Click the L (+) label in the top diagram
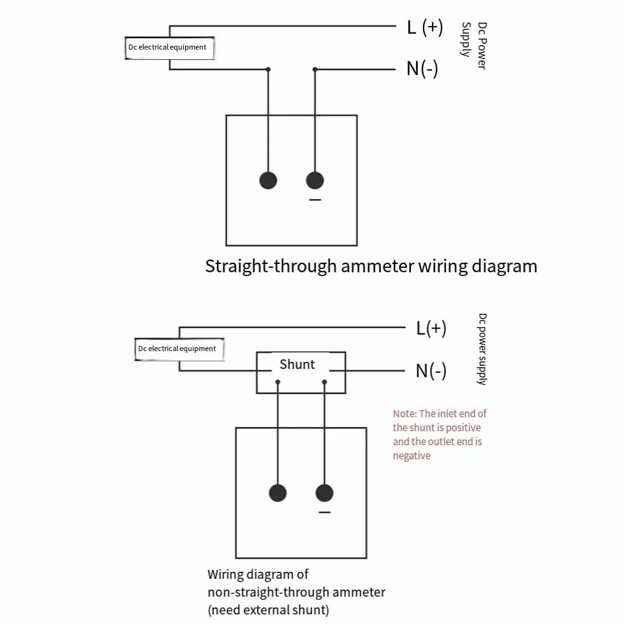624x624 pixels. [425, 28]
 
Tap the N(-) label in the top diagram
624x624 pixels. [422, 69]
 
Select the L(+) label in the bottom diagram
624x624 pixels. [431, 329]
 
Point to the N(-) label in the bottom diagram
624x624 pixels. [431, 371]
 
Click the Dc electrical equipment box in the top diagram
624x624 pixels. [170, 48]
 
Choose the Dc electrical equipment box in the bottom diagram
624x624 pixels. [179, 349]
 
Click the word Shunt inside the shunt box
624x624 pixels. [297, 364]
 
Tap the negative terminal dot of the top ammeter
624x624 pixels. [315, 180]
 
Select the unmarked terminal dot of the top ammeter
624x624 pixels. [268, 180]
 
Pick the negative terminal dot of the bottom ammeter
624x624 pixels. [324, 493]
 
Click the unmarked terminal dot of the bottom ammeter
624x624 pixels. [277, 493]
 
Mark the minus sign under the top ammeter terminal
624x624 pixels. [315, 200]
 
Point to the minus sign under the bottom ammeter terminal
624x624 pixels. [324, 512]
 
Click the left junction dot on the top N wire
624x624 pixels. [268, 69]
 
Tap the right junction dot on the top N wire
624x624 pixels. [315, 69]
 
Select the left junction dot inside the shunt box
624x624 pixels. [278, 382]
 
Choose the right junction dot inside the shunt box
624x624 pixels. [324, 382]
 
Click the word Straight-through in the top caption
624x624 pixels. [270, 267]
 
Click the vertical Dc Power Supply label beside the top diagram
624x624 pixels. [474, 45]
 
